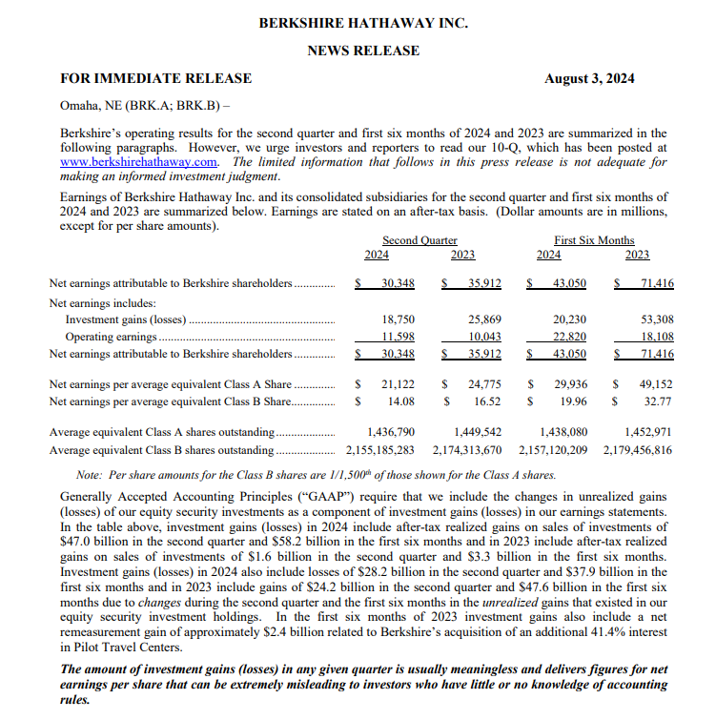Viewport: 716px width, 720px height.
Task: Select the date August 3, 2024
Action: pyautogui.click(x=589, y=78)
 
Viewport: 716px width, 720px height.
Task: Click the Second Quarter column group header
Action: pyautogui.click(x=419, y=240)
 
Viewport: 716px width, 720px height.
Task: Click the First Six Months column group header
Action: pyautogui.click(x=593, y=240)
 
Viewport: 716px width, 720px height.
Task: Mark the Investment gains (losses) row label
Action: pyautogui.click(x=125, y=320)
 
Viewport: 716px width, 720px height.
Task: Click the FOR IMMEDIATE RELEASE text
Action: pyautogui.click(x=155, y=78)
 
